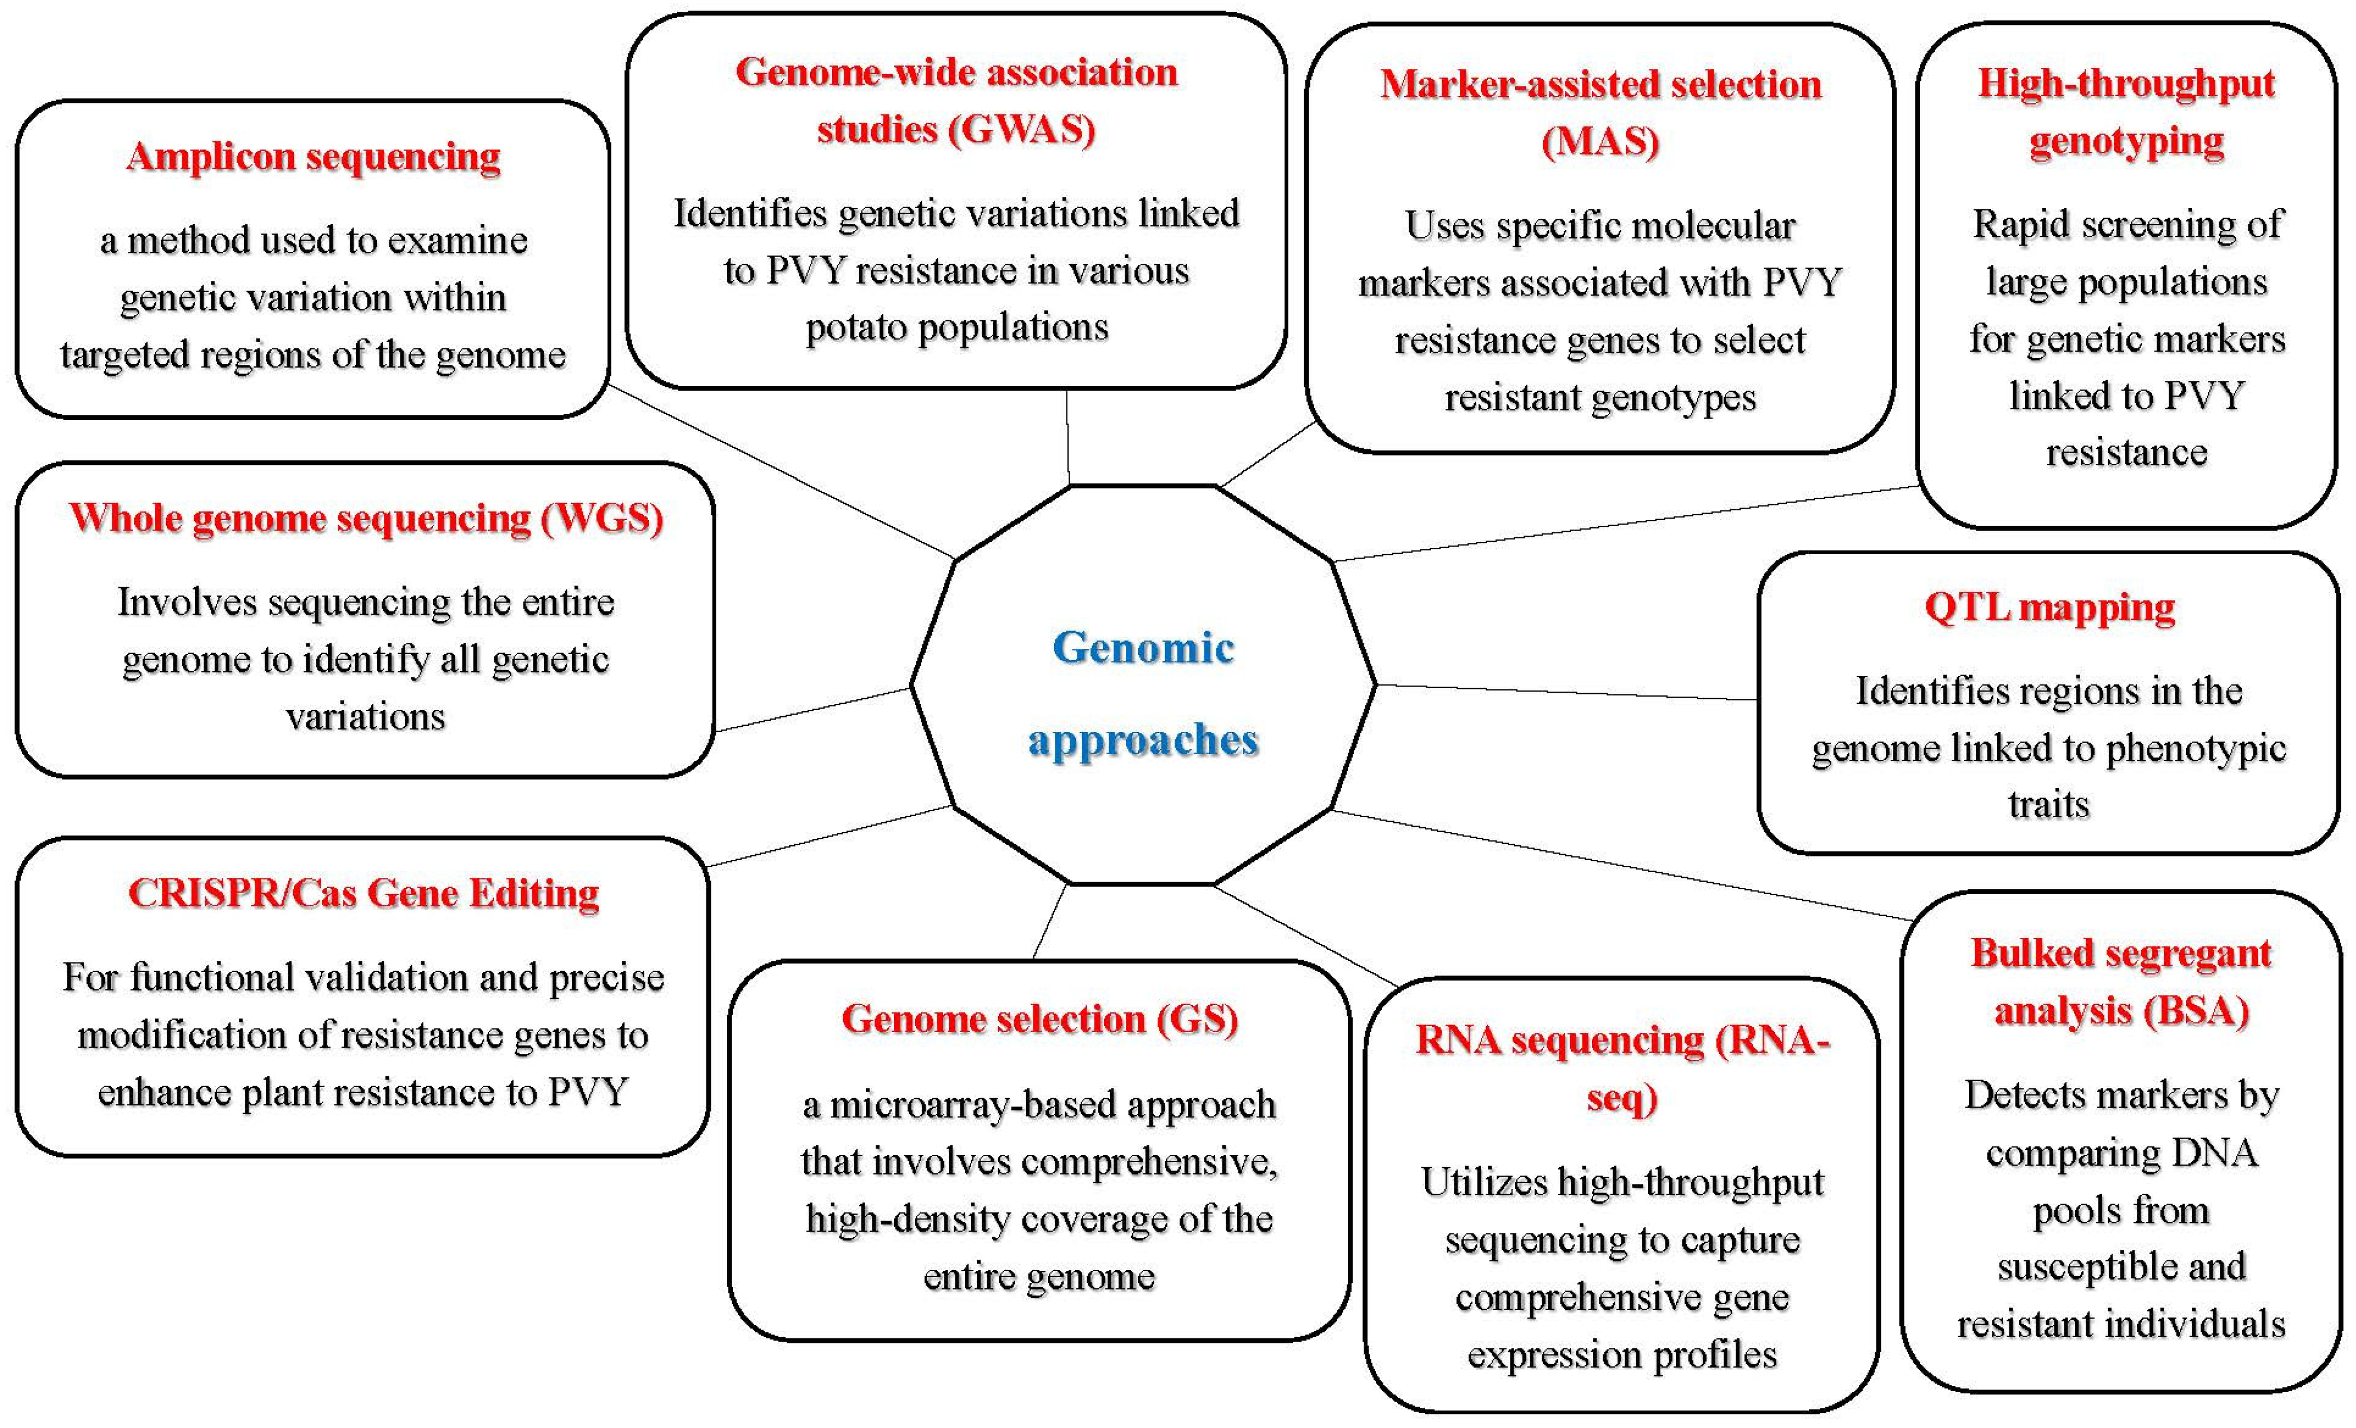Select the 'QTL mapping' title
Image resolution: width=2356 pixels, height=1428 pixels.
click(2049, 607)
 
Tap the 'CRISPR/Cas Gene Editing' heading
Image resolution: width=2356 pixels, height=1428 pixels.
click(363, 893)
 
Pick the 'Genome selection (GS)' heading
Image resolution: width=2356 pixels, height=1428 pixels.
click(1039, 1019)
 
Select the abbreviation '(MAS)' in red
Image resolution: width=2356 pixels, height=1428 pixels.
click(1600, 141)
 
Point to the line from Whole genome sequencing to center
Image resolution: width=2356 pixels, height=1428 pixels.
click(813, 709)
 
